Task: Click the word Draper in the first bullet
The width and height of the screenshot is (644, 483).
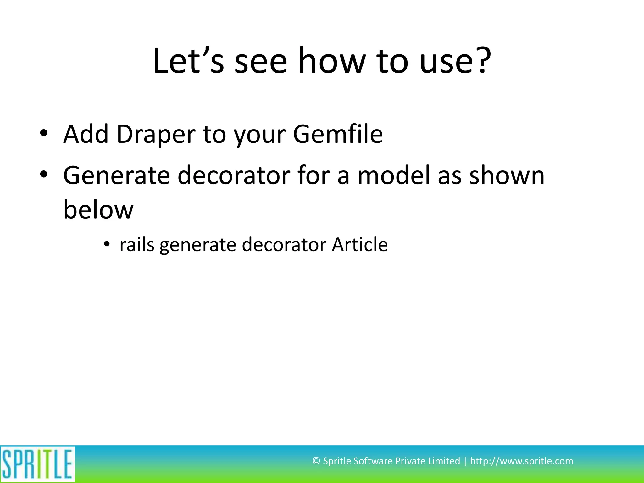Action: click(x=156, y=134)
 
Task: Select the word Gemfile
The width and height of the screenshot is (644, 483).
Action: click(x=338, y=134)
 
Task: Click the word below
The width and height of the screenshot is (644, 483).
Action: click(x=98, y=209)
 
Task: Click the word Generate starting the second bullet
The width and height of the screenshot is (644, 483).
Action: click(x=117, y=175)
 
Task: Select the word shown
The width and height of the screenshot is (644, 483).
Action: click(x=507, y=175)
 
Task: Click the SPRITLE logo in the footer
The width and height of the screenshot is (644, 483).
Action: click(x=37, y=464)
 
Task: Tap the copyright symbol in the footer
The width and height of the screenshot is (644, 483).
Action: click(x=316, y=461)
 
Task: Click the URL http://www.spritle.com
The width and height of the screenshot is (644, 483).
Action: click(x=521, y=461)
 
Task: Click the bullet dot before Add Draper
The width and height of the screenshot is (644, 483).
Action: click(x=44, y=133)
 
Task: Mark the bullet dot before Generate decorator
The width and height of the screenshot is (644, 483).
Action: click(x=44, y=175)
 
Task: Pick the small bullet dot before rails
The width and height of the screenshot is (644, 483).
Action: click(x=107, y=244)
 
